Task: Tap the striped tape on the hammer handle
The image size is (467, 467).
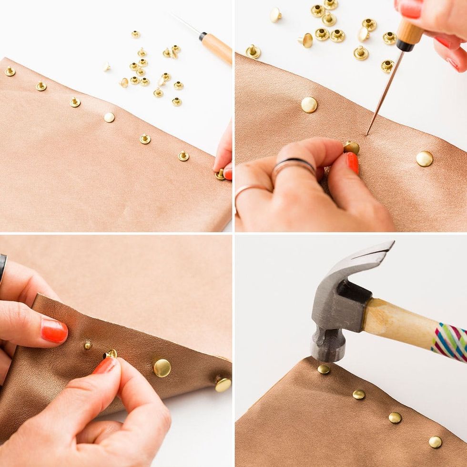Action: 449,341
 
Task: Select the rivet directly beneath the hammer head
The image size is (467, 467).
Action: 324,369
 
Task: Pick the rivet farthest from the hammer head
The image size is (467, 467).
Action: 435,442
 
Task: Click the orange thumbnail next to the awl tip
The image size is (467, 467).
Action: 353,162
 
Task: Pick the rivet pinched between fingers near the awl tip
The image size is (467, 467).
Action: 352,148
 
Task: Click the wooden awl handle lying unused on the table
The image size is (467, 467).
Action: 217,48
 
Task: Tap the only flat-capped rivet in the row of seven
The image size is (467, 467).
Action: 109,117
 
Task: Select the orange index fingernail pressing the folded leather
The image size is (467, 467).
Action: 54,331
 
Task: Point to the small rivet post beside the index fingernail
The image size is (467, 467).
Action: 87,345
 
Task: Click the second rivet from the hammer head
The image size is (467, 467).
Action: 359,395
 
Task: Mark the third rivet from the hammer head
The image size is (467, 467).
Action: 395,418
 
